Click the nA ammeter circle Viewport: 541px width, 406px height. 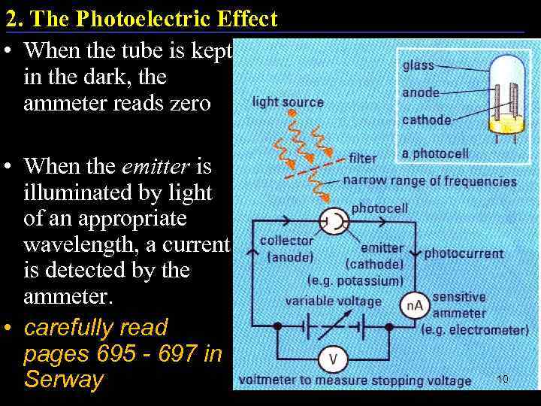pos(416,305)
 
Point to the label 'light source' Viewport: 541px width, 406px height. pos(288,101)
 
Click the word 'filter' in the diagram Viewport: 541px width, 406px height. pos(363,159)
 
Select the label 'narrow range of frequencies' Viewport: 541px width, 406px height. pos(430,181)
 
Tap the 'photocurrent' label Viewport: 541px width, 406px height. pos(464,253)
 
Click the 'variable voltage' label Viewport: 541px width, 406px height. pos(334,301)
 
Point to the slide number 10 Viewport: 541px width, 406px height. pos(503,379)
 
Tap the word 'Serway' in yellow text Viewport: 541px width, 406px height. pos(63,379)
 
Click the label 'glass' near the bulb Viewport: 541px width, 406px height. pos(419,65)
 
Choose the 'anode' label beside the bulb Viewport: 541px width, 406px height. pos(422,92)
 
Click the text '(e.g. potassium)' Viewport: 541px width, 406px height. pos(355,280)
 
